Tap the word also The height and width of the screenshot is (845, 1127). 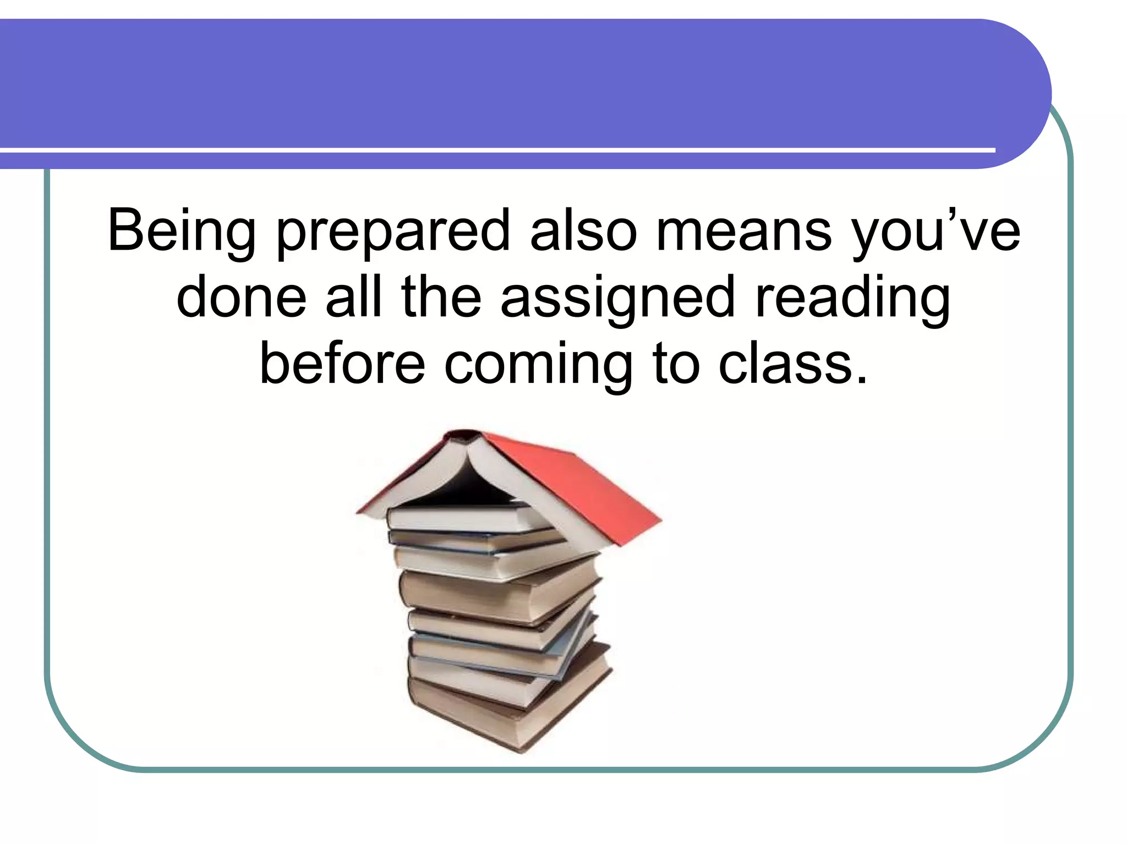pyautogui.click(x=583, y=230)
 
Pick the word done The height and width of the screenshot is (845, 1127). pyautogui.click(x=242, y=297)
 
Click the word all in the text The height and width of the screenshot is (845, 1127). pyautogui.click(x=354, y=297)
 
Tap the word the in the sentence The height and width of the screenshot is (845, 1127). pyautogui.click(x=441, y=297)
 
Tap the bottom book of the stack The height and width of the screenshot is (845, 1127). pyautogui.click(x=495, y=710)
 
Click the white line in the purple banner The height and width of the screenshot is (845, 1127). pyautogui.click(x=495, y=150)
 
